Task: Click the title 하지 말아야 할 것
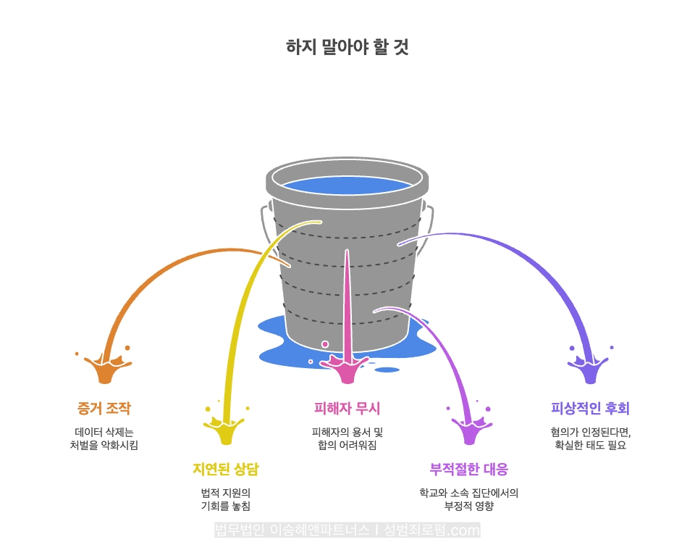pos(347,48)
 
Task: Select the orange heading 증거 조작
pos(104,408)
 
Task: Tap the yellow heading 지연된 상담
pos(225,469)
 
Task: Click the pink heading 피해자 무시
pos(347,408)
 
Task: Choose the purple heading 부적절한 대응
pos(469,469)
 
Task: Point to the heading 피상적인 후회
pos(590,408)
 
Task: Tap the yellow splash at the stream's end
pos(226,430)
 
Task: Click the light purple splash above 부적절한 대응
pos(469,430)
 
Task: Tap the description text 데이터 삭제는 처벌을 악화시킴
pos(104,438)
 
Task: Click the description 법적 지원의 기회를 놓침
pos(225,499)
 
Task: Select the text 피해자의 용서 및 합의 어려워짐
pos(347,438)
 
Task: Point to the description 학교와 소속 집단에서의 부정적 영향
pos(469,499)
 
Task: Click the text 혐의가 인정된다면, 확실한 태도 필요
pos(590,438)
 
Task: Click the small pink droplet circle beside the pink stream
pos(325,344)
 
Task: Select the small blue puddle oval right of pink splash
pos(387,370)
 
